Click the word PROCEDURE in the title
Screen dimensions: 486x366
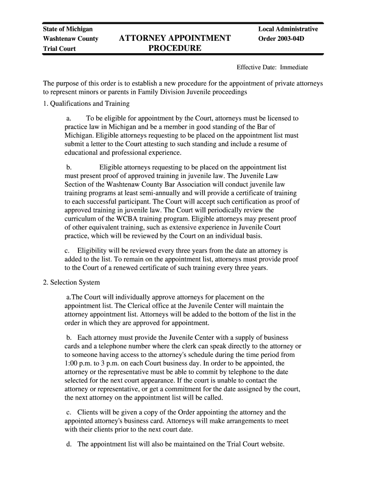click(x=175, y=48)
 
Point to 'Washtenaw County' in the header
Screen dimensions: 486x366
click(x=70, y=38)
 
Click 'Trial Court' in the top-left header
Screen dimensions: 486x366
click(x=59, y=48)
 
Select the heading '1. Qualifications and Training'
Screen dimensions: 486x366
click(x=86, y=103)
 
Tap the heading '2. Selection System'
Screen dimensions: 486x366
click(x=71, y=283)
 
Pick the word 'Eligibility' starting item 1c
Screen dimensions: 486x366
click(x=93, y=251)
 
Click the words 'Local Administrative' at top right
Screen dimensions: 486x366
click(x=288, y=29)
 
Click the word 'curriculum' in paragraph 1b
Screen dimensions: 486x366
click(x=80, y=219)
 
